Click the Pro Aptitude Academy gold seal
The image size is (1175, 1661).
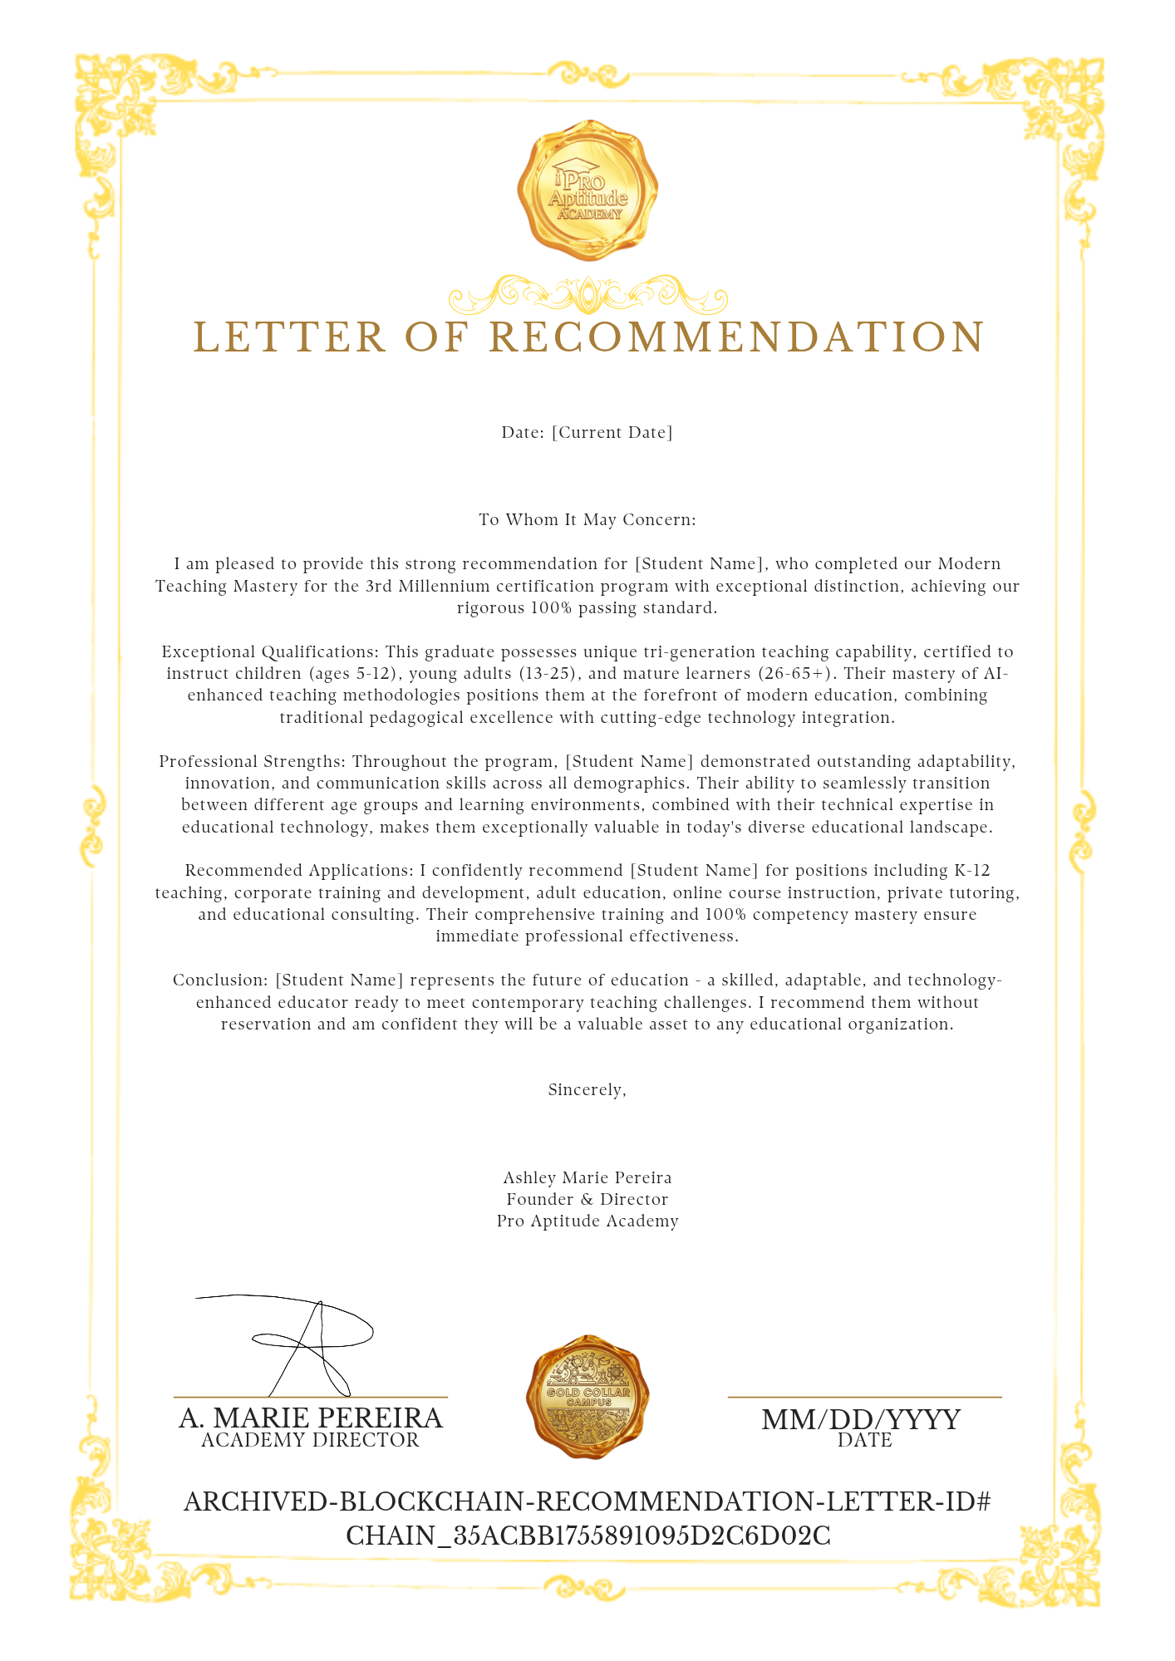coord(587,189)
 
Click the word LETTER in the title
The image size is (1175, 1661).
coord(290,337)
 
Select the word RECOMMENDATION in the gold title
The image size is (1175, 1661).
coord(736,337)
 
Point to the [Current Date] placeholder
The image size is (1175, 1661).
coord(612,433)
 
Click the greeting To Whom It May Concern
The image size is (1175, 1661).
coord(587,520)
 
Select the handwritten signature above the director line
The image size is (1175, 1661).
coord(299,1344)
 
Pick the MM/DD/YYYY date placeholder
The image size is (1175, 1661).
coord(861,1419)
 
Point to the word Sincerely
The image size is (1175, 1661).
coord(587,1090)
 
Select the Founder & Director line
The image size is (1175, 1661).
coord(587,1200)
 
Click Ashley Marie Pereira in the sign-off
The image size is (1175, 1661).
coord(587,1178)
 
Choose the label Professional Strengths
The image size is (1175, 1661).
coord(253,762)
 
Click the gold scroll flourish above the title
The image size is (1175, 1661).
coord(587,295)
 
